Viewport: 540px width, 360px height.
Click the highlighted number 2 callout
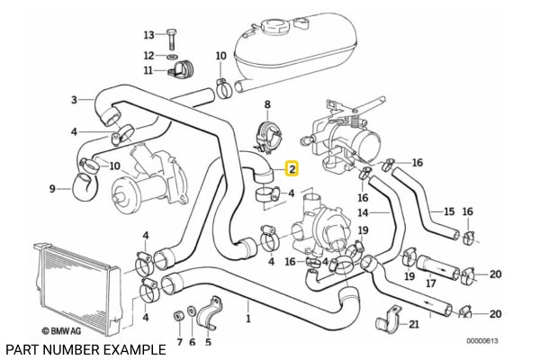[x=292, y=167]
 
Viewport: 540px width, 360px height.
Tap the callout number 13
[x=149, y=35]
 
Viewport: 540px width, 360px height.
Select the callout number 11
[x=148, y=70]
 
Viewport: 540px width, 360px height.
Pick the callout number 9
[x=51, y=188]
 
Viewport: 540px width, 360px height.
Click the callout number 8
[x=266, y=105]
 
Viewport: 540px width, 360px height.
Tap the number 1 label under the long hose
[x=248, y=318]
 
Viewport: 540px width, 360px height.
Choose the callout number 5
[x=208, y=342]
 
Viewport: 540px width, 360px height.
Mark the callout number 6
[x=192, y=342]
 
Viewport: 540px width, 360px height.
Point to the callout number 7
[x=178, y=342]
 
